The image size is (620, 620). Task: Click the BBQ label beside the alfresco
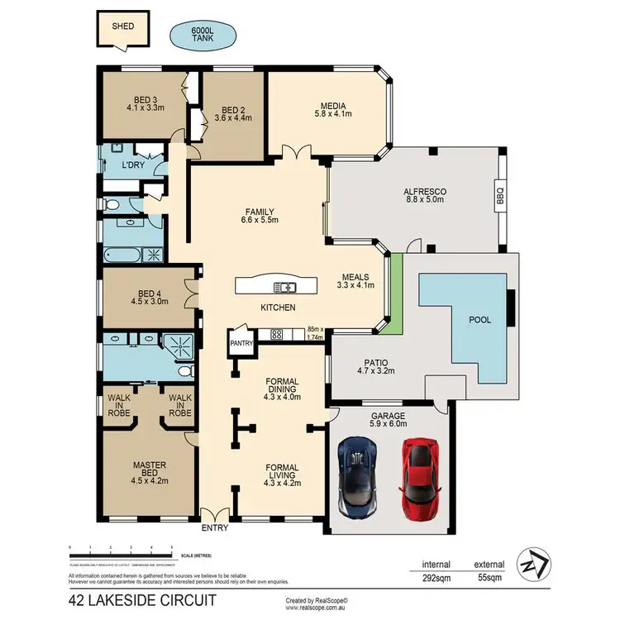[x=499, y=197]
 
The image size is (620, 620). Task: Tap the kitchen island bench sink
[x=284, y=288]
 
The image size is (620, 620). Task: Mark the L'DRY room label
[x=133, y=166]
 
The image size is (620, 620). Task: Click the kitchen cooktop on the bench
[x=277, y=335]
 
